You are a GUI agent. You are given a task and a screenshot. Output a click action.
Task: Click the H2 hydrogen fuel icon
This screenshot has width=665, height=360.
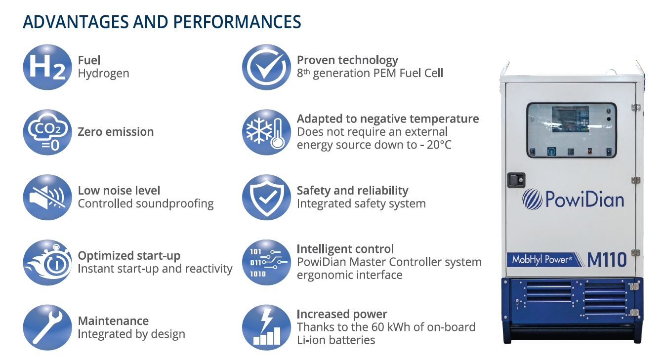(x=47, y=67)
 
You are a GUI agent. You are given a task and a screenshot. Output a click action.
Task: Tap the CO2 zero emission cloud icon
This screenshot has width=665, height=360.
(x=47, y=132)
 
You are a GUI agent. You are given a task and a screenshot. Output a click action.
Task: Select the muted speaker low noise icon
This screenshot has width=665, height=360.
(x=47, y=198)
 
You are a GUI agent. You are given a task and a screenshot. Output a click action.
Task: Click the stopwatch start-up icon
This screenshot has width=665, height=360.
(x=47, y=263)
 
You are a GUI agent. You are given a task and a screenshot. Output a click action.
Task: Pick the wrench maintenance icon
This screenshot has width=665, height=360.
(x=47, y=327)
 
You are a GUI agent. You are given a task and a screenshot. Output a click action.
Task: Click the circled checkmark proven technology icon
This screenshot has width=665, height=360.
(x=267, y=67)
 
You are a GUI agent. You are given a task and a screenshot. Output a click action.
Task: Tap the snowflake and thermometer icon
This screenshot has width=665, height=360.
(x=267, y=132)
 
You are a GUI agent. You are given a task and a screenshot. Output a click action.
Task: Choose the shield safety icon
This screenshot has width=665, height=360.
(x=267, y=198)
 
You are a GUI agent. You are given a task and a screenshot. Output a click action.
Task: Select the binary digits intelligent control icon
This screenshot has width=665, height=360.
(x=267, y=263)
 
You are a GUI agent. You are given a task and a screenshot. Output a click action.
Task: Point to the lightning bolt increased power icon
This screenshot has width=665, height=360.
(x=267, y=327)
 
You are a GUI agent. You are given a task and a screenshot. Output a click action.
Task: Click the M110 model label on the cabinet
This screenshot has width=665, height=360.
(x=607, y=260)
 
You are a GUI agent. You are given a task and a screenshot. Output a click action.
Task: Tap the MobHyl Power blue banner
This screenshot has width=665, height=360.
(x=544, y=260)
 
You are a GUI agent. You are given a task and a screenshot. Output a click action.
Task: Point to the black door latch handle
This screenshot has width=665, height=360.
(x=516, y=180)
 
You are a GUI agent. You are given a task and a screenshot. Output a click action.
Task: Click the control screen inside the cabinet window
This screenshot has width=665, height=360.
(x=570, y=119)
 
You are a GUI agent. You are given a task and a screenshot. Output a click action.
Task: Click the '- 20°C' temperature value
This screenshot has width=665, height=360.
(x=436, y=145)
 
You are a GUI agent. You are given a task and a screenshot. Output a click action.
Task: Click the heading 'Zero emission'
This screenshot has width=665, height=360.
(x=116, y=132)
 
